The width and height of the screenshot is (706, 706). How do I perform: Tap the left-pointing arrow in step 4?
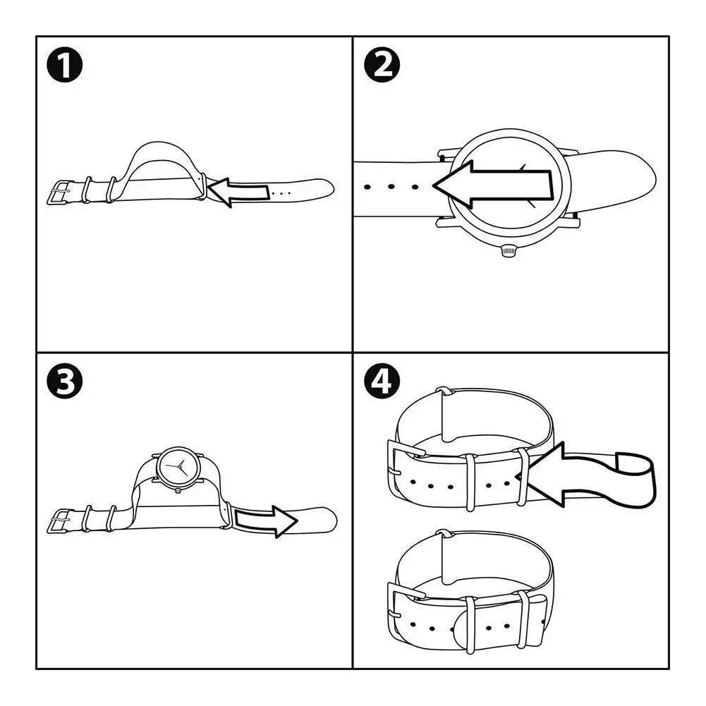557,474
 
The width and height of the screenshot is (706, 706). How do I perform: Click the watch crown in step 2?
508,250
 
